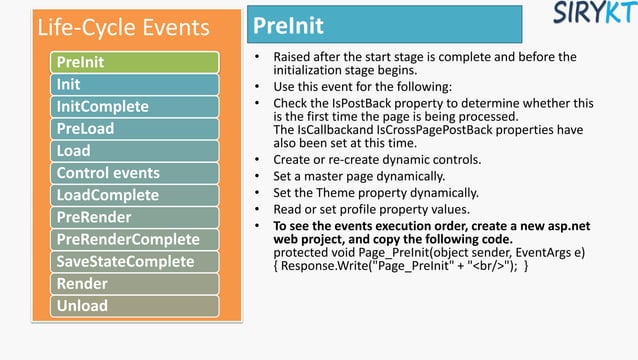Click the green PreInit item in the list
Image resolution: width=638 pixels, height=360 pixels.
pos(135,62)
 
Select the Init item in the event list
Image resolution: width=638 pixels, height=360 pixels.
pos(135,84)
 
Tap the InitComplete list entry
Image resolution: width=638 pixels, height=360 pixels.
pos(135,106)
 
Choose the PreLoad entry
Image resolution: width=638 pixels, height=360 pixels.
pos(135,129)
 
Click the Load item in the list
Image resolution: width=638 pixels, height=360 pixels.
pos(135,151)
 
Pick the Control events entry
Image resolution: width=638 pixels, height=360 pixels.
pos(135,173)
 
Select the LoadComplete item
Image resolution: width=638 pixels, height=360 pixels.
pos(135,195)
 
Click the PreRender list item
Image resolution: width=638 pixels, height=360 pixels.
pos(135,217)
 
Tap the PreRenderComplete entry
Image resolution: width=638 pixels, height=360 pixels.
pos(135,239)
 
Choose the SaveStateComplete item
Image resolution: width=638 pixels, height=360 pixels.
pos(135,262)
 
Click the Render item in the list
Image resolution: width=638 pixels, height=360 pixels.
pos(135,284)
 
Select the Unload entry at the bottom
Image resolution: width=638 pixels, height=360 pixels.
pos(135,306)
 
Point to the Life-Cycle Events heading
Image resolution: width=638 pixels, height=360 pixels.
pos(123,27)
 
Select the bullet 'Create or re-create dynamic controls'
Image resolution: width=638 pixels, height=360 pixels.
pos(376,159)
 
